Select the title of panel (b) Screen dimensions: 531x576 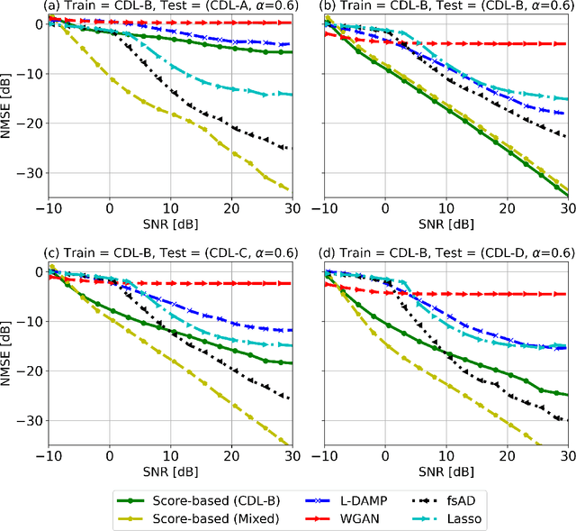(446, 7)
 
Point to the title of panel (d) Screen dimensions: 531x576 (446, 255)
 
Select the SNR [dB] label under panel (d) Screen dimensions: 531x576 (446, 471)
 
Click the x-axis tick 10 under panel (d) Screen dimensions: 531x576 (446, 456)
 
